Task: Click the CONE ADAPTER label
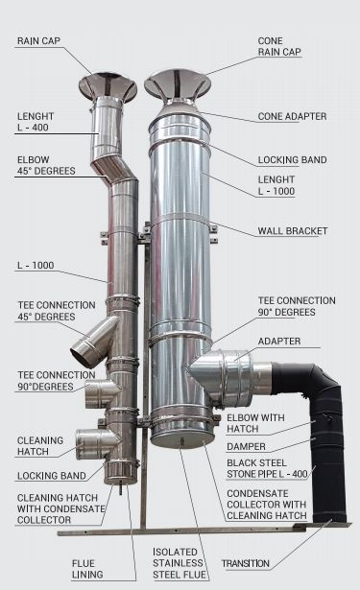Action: click(292, 116)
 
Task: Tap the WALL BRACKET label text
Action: click(293, 230)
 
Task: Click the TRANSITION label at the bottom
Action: click(246, 563)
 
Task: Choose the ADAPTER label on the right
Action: click(279, 342)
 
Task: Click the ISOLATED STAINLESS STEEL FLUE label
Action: click(180, 563)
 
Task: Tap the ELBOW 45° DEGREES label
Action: click(46, 165)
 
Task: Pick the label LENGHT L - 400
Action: click(36, 122)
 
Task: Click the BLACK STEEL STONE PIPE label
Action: click(267, 468)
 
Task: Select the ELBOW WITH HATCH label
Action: click(255, 423)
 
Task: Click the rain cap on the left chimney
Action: click(108, 87)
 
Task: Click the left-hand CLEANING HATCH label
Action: click(40, 446)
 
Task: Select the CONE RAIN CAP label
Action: click(279, 46)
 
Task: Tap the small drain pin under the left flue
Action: click(121, 488)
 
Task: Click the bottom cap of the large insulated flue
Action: click(181, 439)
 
